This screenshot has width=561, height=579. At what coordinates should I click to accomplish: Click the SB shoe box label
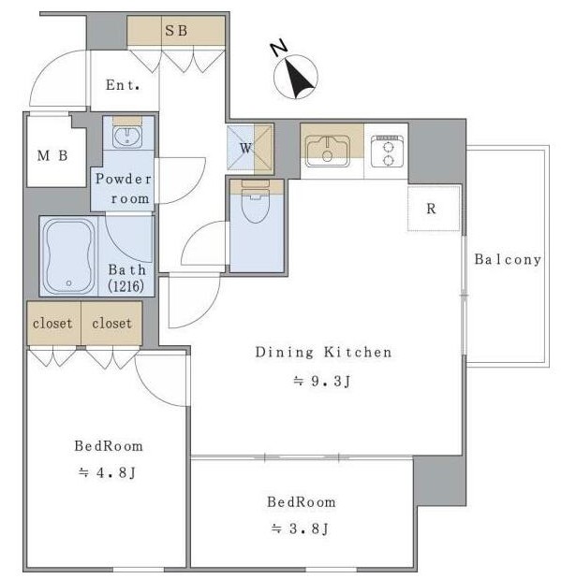tap(176, 30)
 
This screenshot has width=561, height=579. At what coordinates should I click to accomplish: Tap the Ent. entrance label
tap(123, 85)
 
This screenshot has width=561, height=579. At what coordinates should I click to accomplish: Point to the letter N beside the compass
tap(279, 48)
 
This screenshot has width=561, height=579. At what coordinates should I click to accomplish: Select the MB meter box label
tap(52, 155)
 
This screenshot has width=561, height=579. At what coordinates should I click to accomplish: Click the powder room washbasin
tap(127, 138)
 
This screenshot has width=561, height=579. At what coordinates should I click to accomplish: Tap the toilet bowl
tap(256, 206)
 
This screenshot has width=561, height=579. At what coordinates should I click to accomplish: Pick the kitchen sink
tap(327, 151)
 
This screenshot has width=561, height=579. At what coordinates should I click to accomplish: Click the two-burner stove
tap(387, 152)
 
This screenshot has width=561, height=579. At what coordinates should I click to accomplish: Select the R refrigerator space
tap(434, 209)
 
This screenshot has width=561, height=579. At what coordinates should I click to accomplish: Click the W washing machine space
tap(250, 149)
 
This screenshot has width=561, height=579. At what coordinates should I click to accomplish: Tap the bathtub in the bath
tap(69, 256)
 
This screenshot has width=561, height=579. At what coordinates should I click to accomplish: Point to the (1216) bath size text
tap(125, 286)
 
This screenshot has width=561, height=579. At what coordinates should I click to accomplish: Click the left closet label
tap(52, 324)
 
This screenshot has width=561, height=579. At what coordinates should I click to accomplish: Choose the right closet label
tap(111, 324)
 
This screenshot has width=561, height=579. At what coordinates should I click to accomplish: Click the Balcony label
tap(508, 259)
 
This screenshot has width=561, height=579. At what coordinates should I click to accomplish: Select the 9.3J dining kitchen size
tap(322, 381)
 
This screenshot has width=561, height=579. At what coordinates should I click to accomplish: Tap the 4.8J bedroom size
tap(108, 472)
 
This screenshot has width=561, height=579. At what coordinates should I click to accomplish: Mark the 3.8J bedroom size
tap(300, 528)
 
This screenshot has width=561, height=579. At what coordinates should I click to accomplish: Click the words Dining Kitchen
tap(324, 352)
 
